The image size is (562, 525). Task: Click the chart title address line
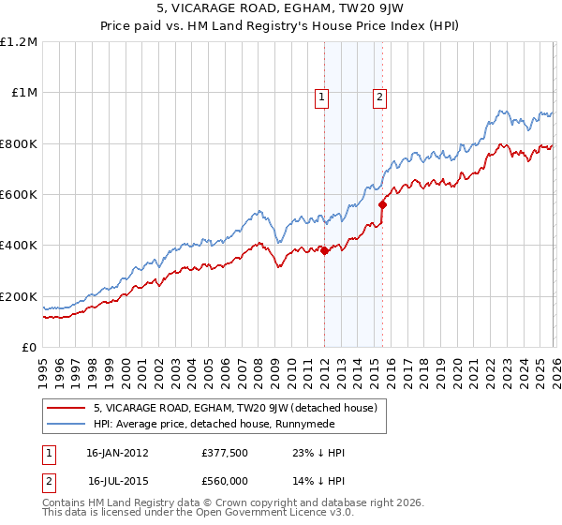(x=281, y=10)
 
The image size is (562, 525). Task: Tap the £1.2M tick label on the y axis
(x=20, y=42)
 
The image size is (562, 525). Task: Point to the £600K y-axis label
(x=19, y=195)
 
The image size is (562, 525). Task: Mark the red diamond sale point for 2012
(x=324, y=250)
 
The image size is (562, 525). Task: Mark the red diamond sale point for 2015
(x=382, y=204)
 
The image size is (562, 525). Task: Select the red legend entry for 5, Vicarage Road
(x=234, y=408)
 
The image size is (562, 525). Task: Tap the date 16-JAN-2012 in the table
(x=117, y=453)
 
